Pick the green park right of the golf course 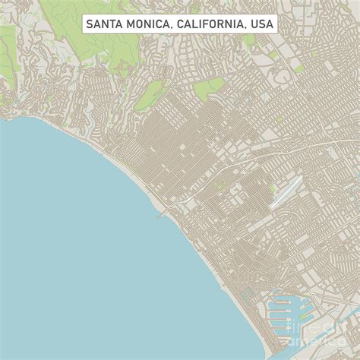pos(208,87)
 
